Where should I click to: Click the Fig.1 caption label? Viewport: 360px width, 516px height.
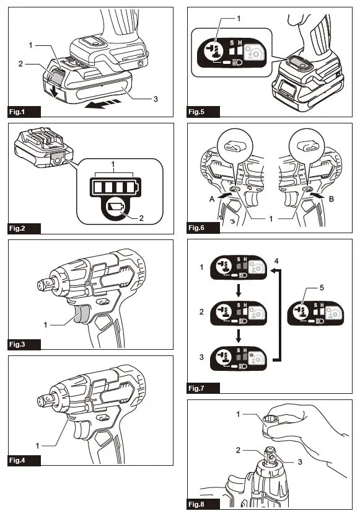point(24,112)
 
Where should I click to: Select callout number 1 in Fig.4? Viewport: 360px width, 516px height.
point(37,445)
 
